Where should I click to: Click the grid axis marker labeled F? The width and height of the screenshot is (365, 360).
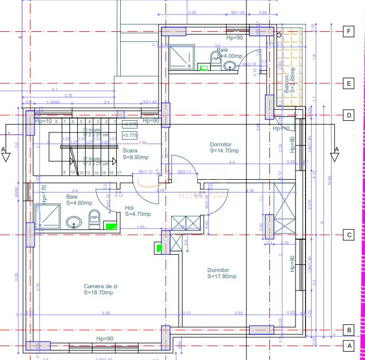pos(348,32)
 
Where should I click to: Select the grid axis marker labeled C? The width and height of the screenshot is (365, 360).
pos(348,235)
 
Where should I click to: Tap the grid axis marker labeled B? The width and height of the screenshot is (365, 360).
pos(348,329)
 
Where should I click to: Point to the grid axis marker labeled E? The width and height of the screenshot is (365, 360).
pos(348,84)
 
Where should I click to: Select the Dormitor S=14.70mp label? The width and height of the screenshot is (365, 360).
pos(224,147)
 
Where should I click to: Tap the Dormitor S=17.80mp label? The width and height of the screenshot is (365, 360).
pos(222,273)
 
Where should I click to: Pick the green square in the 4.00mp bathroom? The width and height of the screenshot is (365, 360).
pos(204,68)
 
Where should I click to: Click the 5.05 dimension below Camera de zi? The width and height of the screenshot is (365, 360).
pos(106,313)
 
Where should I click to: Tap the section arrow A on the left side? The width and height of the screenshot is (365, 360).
pos(5,154)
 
